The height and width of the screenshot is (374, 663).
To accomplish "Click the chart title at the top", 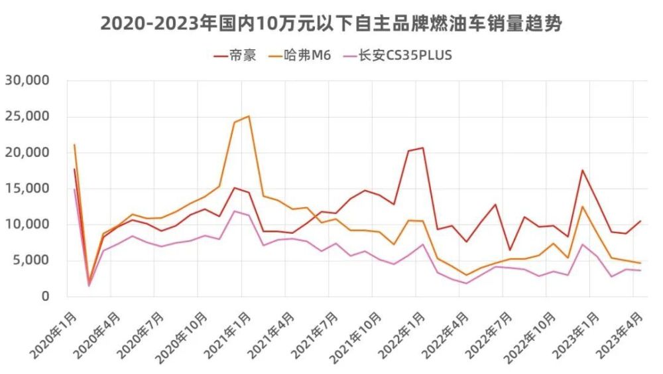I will (331, 23).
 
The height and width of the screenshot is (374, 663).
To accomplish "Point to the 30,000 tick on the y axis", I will (28, 80).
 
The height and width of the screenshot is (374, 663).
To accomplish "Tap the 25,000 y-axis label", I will (28, 116).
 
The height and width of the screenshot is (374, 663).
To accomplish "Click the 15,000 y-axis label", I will (28, 189).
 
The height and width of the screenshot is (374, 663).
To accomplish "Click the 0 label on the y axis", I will (45, 296).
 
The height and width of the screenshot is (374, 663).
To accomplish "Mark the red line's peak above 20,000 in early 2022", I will (422, 147).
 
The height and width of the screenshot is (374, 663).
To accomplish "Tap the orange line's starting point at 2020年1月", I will (74, 144).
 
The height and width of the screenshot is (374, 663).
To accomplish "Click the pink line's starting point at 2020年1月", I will (74, 189).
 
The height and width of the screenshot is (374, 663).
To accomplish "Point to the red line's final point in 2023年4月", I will (640, 221).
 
